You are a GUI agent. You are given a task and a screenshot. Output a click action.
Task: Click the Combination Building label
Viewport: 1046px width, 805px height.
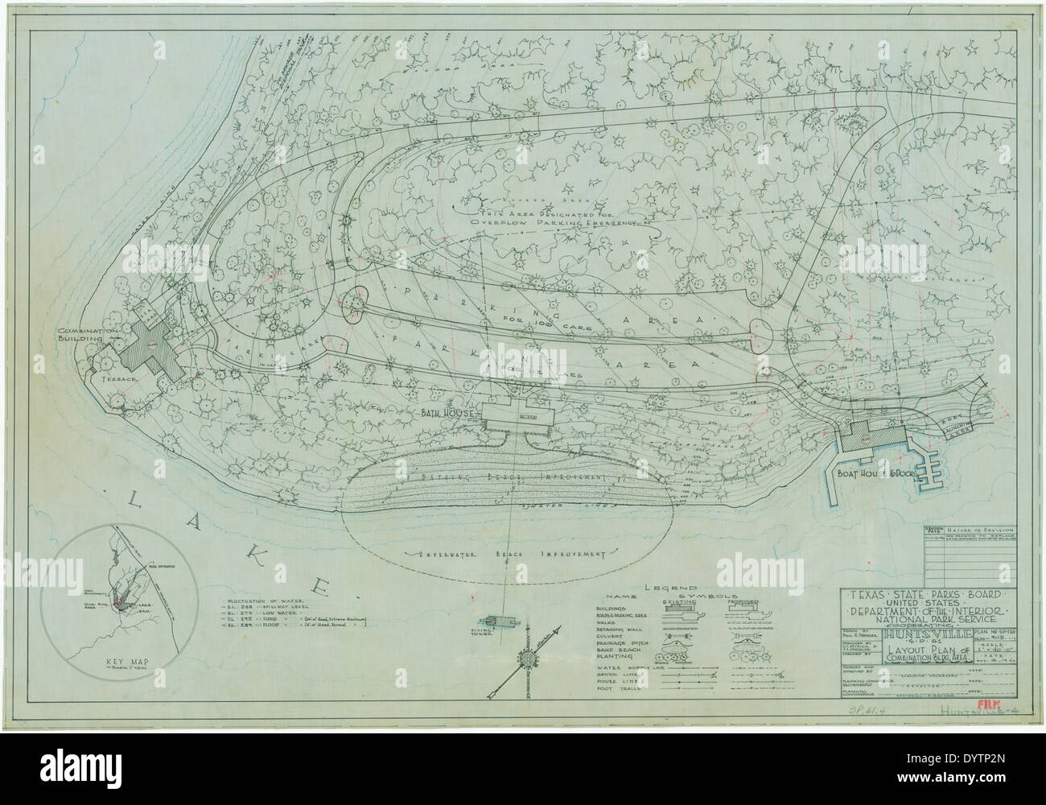tap(88, 336)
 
